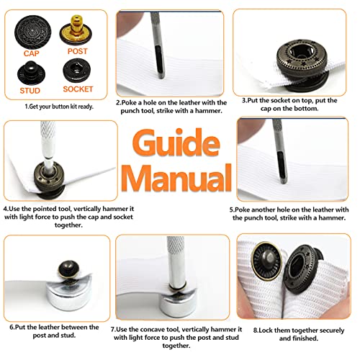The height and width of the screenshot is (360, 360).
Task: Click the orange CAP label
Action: click(31, 53)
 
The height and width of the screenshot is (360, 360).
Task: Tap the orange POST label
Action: click(78, 52)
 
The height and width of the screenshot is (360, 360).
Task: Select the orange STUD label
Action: click(30, 89)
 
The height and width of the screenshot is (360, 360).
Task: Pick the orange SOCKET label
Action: click(78, 89)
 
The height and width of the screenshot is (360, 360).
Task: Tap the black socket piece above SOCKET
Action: click(77, 71)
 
